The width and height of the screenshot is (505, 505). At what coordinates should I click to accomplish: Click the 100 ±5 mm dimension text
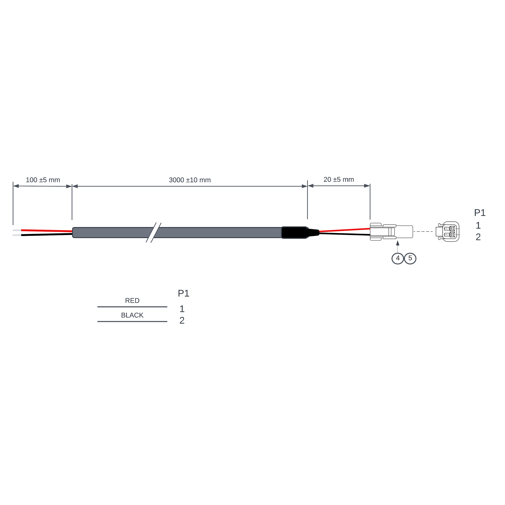pos(43,180)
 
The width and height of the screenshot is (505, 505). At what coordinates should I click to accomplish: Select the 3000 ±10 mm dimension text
pos(190,180)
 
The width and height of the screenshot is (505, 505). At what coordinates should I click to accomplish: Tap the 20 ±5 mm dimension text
pos(339,180)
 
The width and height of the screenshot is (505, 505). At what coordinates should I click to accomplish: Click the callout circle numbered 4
pos(398,258)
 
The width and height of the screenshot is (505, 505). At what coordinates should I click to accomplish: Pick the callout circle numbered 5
pos(410,258)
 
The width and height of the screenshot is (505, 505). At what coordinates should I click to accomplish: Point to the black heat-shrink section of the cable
pos(294,233)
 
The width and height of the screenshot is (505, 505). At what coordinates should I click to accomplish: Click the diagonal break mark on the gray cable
pos(153,233)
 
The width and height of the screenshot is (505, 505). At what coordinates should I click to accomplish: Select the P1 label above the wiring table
pos(183,293)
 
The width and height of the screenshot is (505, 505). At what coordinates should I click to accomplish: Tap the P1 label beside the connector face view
pos(480,213)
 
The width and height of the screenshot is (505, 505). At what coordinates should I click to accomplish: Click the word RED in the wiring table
pos(132,301)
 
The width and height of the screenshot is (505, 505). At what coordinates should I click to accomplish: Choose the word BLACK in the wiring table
pos(132,315)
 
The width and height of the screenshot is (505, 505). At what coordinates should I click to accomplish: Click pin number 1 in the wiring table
pos(182,309)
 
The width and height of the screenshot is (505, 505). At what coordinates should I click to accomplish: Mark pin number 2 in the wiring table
pos(182,321)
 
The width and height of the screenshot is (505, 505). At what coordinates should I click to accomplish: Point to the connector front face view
pos(448,232)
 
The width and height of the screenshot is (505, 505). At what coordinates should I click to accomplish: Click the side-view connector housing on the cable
pos(391,232)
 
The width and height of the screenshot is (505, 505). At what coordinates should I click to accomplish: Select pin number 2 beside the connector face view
pos(478,237)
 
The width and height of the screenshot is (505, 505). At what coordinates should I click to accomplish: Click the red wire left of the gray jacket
pos(47,231)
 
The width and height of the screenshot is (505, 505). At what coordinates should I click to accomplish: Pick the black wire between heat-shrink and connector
pos(345,234)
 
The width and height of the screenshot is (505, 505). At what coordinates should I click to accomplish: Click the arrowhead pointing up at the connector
pos(398,243)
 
